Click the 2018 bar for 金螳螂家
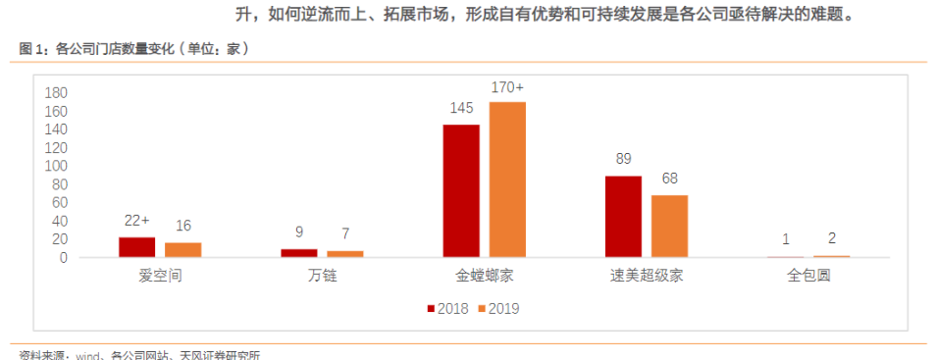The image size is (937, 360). [x=461, y=190]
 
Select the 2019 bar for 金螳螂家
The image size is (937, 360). [x=507, y=180]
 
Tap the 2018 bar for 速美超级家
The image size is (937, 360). [x=623, y=216]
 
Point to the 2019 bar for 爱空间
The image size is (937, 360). [x=182, y=249]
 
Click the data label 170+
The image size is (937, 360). [x=508, y=88]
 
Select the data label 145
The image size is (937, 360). [x=461, y=108]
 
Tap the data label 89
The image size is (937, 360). [x=623, y=159]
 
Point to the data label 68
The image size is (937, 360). [x=669, y=178]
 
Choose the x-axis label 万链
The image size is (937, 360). [x=322, y=276]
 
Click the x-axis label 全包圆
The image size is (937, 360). [x=808, y=276]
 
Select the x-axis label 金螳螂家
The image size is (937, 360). [x=484, y=276]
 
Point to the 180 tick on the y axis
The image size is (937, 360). [x=55, y=92]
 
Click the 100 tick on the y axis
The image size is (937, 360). [x=55, y=166]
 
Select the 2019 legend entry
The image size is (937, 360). [x=496, y=309]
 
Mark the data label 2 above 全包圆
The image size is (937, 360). [x=832, y=238]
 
